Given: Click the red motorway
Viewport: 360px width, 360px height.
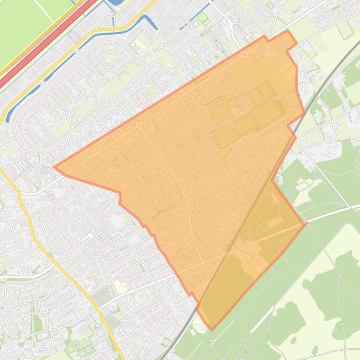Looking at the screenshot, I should pyautogui.click(x=42, y=47).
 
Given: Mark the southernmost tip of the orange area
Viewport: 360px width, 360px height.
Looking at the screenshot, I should pyautogui.click(x=212, y=329).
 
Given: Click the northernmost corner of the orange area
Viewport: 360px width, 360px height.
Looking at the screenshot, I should pyautogui.click(x=288, y=31).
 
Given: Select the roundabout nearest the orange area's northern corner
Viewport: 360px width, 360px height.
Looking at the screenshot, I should pyautogui.click(x=244, y=55).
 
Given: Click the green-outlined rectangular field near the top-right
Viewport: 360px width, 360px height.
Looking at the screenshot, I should pyautogui.click(x=345, y=30).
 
